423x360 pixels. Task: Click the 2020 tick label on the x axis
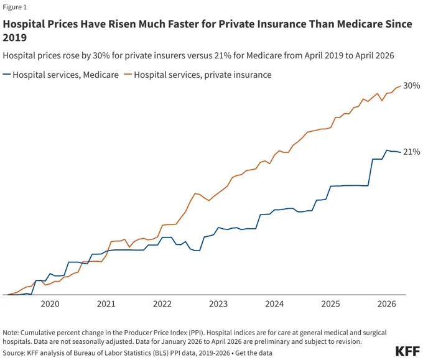50,304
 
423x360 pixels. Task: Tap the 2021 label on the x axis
106,304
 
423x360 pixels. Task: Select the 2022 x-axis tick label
162,304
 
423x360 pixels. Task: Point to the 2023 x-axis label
218,304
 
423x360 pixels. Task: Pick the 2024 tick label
274,304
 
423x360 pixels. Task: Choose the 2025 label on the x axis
330,304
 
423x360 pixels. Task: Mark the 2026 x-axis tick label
386,304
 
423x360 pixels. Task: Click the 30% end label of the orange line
412,86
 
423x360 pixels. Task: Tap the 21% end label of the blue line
412,152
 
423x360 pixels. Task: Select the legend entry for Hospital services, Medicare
61,75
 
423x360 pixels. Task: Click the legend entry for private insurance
198,75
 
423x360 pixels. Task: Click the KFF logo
407,351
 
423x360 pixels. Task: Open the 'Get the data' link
254,353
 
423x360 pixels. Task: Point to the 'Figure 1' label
15,7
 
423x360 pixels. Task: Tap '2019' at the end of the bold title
15,37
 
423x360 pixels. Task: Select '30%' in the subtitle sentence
101,55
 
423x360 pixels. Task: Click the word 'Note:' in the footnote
11,333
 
